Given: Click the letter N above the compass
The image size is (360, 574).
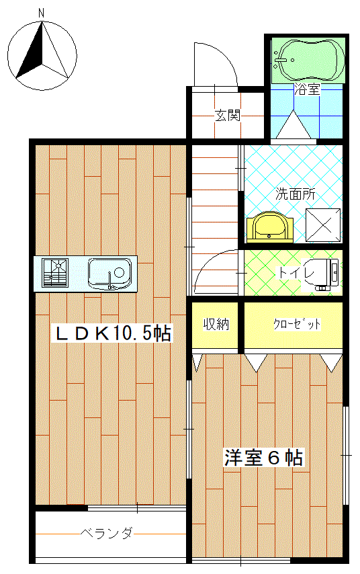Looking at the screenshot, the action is (x=42, y=13).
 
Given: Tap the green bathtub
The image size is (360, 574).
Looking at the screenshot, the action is (x=309, y=60).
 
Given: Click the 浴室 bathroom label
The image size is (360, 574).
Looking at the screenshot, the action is (x=308, y=89).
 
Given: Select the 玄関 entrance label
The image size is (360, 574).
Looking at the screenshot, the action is (x=228, y=116).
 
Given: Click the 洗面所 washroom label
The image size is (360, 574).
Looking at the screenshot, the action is (x=296, y=194).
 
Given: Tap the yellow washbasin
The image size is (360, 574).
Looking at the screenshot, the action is (x=270, y=227).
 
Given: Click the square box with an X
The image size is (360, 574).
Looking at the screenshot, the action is (x=323, y=225).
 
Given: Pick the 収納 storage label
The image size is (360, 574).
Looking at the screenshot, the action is (x=216, y=324).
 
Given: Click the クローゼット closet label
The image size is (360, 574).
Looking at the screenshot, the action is (x=297, y=325).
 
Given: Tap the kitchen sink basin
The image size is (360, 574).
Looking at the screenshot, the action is (x=109, y=274).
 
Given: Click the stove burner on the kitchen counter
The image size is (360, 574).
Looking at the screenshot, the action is (x=55, y=272).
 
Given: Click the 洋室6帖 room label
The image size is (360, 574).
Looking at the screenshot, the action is (x=263, y=458).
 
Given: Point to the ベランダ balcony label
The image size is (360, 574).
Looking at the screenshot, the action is (x=107, y=534).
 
